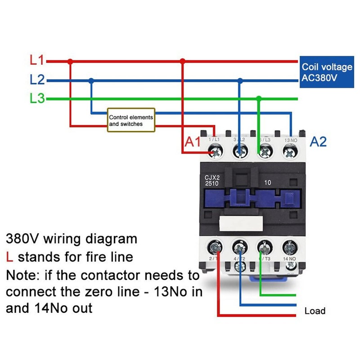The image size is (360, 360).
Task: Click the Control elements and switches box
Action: tap(131, 120)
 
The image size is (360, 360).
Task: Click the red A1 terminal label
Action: tap(193, 142)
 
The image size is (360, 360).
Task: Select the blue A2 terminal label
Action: tap(318, 142)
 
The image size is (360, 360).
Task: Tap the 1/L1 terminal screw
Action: tap(214, 153)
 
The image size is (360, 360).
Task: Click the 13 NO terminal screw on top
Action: tap(290, 153)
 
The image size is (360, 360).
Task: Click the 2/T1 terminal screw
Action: tap(214, 247)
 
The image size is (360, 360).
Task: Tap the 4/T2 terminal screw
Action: tap(240, 247)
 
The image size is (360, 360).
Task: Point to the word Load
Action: tap(315, 311)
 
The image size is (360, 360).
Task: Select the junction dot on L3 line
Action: tap(258, 99)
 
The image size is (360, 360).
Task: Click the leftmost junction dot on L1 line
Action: tap(70, 61)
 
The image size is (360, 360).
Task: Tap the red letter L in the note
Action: tap(9, 257)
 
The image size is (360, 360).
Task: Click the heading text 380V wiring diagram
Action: tap(71, 238)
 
